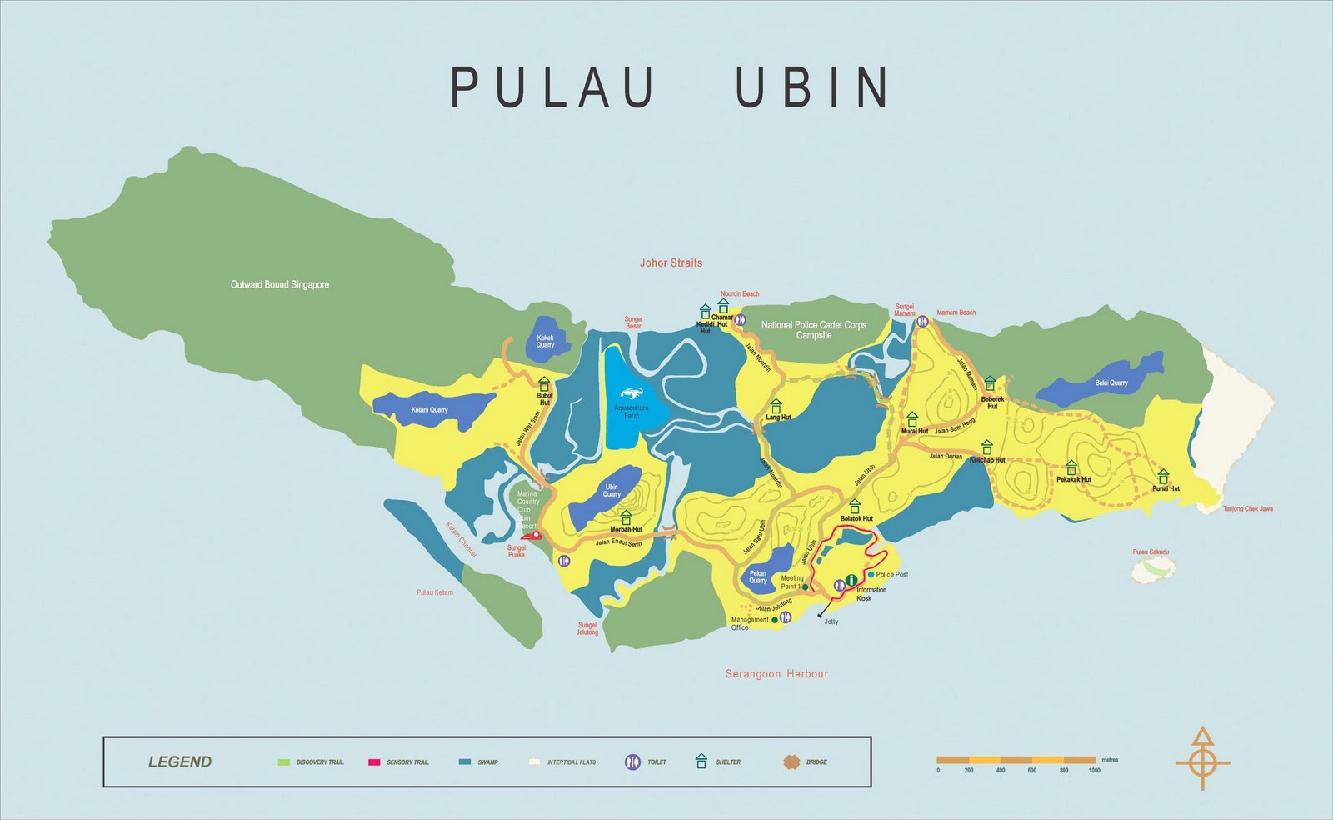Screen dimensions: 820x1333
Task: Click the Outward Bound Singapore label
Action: (279, 285)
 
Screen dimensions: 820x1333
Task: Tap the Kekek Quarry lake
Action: (545, 341)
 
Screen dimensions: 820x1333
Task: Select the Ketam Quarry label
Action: (429, 410)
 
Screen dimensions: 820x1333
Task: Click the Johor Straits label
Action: (671, 262)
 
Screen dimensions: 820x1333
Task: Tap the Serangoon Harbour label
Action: (776, 673)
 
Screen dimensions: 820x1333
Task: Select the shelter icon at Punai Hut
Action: (1163, 476)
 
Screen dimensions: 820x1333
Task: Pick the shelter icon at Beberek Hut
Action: (990, 383)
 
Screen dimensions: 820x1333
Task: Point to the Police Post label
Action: (891, 575)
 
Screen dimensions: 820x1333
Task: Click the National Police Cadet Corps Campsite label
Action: (813, 330)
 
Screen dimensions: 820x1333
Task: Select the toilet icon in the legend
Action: (632, 762)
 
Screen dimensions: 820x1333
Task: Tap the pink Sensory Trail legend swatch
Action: (374, 762)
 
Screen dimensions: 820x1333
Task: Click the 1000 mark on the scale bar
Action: (1094, 770)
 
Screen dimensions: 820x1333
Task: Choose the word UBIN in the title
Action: (812, 87)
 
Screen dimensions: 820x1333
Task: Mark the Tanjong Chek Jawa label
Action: (1247, 509)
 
